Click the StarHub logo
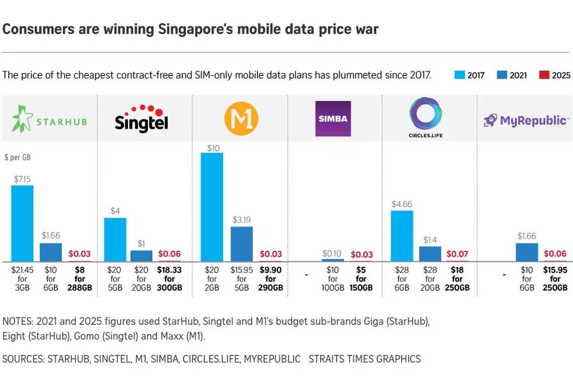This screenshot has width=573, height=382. tap(49, 119)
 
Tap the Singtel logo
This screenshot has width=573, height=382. tap(141, 119)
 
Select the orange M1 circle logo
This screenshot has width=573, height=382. tap(241, 119)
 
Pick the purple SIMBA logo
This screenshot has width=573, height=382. tap(333, 119)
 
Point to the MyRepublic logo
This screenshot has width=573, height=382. tap(526, 120)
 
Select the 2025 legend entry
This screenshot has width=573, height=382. tap(555, 75)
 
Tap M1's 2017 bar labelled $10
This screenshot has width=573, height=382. tap(212, 207)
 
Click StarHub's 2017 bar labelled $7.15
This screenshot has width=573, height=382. tap(22, 223)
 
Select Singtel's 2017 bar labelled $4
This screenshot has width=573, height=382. tap(115, 239)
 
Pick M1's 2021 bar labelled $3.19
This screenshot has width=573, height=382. tap(242, 244)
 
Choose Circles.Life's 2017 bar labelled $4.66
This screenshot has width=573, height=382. tap(402, 236)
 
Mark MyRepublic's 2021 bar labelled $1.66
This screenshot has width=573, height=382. tap(527, 252)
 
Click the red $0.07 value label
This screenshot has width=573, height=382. tap(457, 254)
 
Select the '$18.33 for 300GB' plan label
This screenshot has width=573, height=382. tap(169, 279)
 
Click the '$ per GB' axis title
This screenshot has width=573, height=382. tap(17, 157)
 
